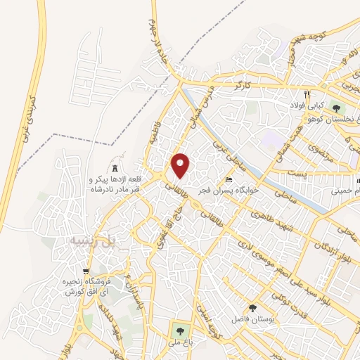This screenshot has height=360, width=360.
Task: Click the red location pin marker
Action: pyautogui.click(x=181, y=165)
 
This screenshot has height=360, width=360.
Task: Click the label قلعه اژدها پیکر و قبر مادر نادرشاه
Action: pyautogui.click(x=116, y=184)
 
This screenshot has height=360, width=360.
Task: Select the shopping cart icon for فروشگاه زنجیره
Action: pyautogui.click(x=86, y=272)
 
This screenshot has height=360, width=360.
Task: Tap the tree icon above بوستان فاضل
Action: pyautogui.click(x=252, y=307)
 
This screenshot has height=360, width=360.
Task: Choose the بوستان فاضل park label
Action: pyautogui.click(x=252, y=319)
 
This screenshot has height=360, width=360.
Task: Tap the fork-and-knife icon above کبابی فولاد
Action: pyautogui.click(x=307, y=94)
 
